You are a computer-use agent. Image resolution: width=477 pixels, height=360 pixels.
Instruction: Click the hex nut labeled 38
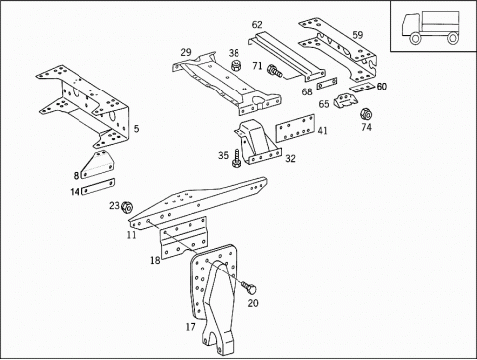point(236,65)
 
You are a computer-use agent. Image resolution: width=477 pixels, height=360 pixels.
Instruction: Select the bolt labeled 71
point(274,71)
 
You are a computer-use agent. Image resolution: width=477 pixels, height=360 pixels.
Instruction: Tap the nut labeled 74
point(366,114)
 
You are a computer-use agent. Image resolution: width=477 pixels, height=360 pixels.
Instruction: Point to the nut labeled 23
point(127,207)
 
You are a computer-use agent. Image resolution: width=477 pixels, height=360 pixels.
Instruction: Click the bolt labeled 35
point(237,159)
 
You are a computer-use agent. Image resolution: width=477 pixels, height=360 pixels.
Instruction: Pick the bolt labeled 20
point(249,287)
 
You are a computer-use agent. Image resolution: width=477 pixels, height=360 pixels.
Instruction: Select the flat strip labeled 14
point(98,187)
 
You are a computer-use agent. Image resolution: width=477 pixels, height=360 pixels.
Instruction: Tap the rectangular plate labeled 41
point(295,128)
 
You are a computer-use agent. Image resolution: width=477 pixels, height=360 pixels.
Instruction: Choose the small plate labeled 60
point(362,88)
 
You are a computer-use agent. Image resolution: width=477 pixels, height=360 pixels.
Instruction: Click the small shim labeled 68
point(327,84)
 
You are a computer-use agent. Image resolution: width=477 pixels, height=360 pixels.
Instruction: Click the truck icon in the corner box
point(430,28)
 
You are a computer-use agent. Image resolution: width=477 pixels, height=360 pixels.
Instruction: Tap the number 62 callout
point(257,25)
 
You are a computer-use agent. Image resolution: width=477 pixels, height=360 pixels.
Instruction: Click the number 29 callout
point(186,52)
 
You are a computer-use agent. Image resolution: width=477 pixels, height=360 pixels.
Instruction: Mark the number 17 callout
point(191,327)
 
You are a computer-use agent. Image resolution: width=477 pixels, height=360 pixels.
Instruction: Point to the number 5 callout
point(136,129)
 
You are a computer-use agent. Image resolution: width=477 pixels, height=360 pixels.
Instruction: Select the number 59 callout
point(357,35)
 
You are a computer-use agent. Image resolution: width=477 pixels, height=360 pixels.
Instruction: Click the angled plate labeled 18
point(183,238)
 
